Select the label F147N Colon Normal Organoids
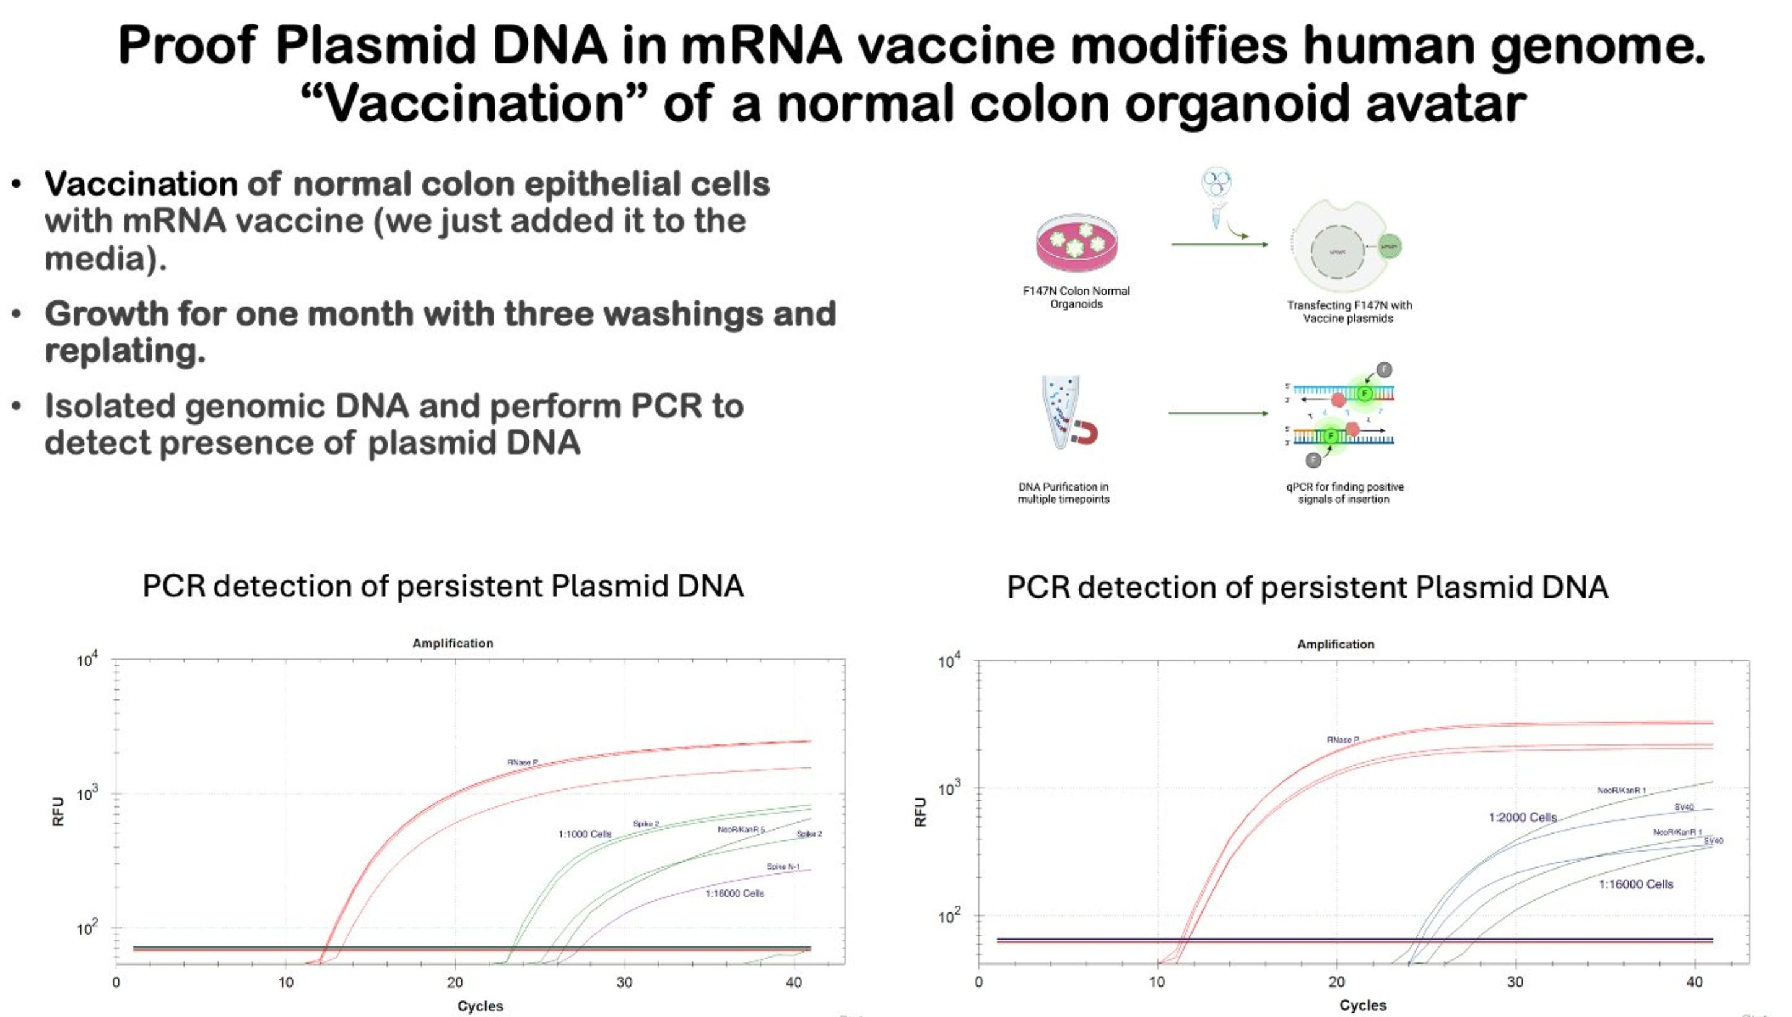tap(1076, 297)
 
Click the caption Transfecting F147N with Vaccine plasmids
tap(1349, 312)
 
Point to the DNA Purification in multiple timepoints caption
tap(1063, 492)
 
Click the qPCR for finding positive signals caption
tap(1344, 492)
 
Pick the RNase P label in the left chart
tap(522, 762)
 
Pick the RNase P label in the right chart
tap(1342, 739)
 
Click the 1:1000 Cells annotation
tap(585, 834)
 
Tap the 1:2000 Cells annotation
tap(1523, 817)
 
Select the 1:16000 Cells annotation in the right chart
tap(1635, 884)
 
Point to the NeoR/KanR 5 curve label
tap(741, 829)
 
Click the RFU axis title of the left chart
tap(58, 811)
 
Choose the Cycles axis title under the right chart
tap(1363, 1005)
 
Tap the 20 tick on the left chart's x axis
tap(455, 983)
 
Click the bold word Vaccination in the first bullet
tap(141, 185)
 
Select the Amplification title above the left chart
tap(453, 644)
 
